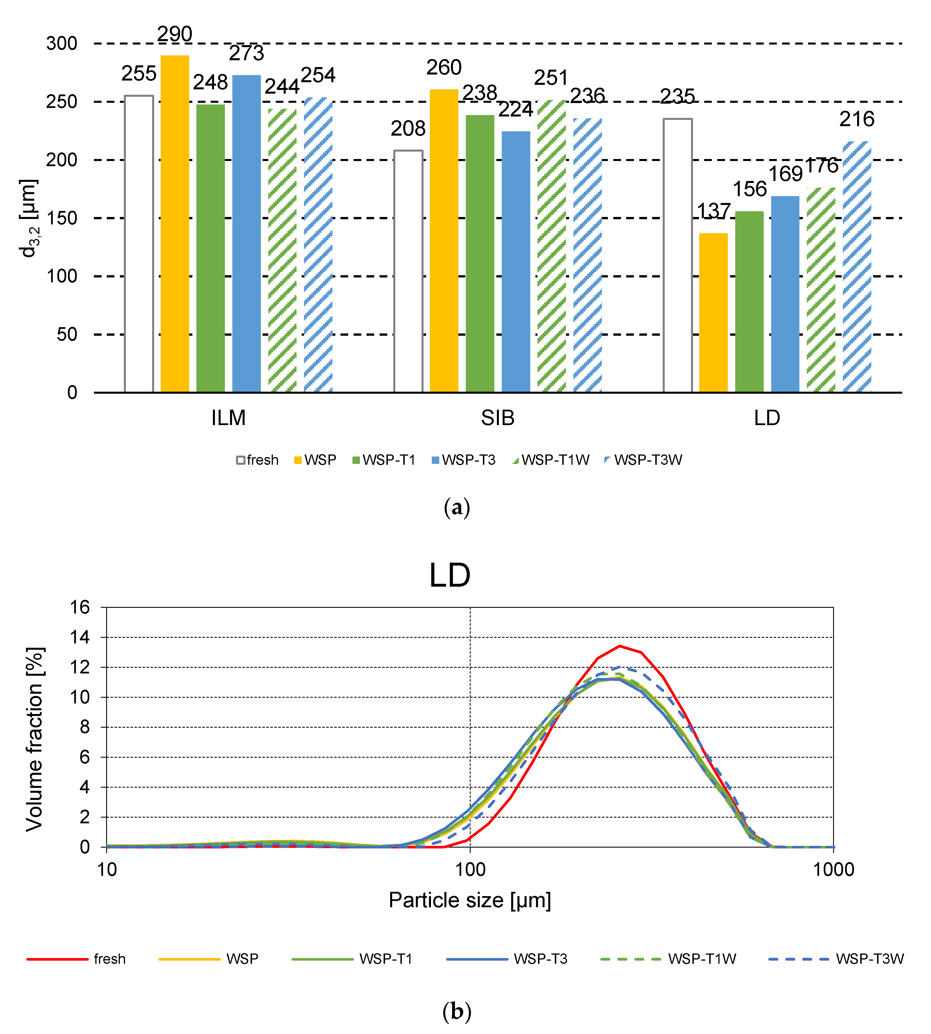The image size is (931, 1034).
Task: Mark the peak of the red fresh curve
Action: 619,646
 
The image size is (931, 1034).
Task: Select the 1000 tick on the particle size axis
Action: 833,870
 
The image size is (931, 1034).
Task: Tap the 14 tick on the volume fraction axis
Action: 80,637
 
